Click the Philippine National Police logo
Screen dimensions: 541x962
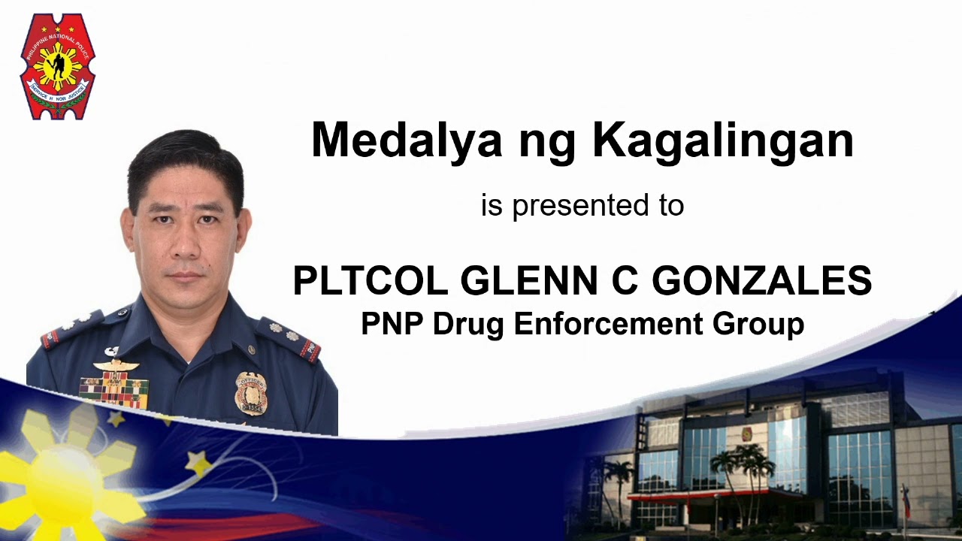[58, 67]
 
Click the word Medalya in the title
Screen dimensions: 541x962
[406, 140]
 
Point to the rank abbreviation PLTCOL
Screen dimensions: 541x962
[369, 281]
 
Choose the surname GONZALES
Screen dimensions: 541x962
[761, 281]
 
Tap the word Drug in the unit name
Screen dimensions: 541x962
[470, 324]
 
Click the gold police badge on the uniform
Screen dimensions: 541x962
[250, 393]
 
